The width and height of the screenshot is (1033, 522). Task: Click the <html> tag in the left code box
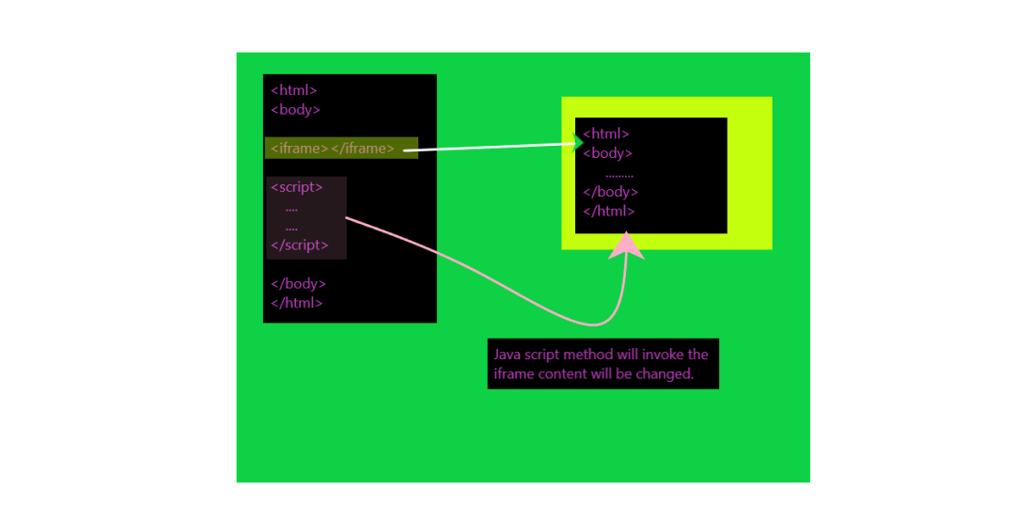(x=294, y=90)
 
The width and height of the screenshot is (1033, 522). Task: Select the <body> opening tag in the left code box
(x=296, y=109)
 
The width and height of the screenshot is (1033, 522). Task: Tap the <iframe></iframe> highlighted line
(x=333, y=148)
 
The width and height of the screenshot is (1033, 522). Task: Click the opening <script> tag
(x=297, y=187)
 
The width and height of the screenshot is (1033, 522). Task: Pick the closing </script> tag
(x=300, y=245)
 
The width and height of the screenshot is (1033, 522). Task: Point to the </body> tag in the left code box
(x=299, y=283)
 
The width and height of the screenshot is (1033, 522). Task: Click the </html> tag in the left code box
(x=297, y=303)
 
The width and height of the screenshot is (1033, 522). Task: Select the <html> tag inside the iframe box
(x=606, y=134)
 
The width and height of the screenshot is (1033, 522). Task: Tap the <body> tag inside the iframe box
(x=608, y=153)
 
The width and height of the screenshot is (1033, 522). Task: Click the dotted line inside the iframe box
(x=619, y=175)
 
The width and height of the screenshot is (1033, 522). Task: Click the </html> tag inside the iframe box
(x=609, y=211)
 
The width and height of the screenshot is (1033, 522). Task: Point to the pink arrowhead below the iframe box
(x=627, y=246)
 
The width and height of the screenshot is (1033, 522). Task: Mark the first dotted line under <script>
(x=291, y=209)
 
